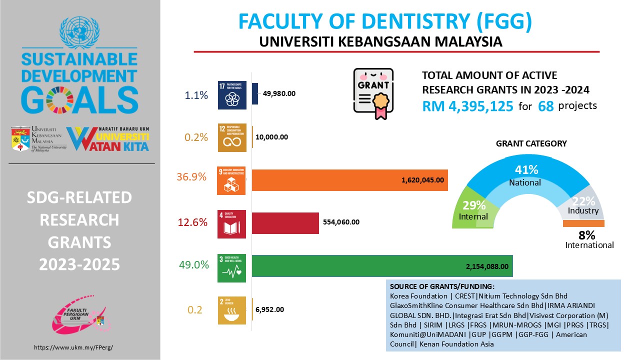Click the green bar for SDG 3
pyautogui.click(x=382, y=266)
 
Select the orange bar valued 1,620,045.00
pyautogui.click(x=349, y=180)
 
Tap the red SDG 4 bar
pyautogui.click(x=285, y=223)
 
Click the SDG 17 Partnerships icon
pyautogui.click(x=232, y=95)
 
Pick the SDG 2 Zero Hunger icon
pyautogui.click(x=232, y=310)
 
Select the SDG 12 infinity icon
pyautogui.click(x=232, y=137)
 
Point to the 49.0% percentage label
pyautogui.click(x=193, y=265)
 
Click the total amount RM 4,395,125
pyautogui.click(x=467, y=106)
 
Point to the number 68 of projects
pyautogui.click(x=545, y=106)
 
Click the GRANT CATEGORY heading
pyautogui.click(x=531, y=143)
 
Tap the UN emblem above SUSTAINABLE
pyautogui.click(x=80, y=32)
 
